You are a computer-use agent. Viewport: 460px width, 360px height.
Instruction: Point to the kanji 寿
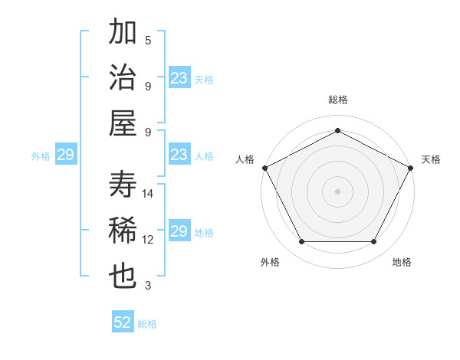[123, 185]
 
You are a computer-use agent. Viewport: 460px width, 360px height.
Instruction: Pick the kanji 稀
[123, 231]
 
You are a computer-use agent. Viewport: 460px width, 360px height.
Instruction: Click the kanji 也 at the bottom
[123, 277]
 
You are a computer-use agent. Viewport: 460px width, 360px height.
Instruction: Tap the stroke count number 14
[148, 194]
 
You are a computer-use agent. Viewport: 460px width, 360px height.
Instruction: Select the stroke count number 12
[148, 240]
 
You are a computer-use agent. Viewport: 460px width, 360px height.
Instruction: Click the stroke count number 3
[148, 286]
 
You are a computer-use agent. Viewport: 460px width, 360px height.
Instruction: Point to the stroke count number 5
[148, 41]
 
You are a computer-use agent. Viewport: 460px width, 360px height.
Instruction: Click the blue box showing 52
[123, 322]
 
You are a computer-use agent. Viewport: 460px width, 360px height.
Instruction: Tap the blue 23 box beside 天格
[179, 78]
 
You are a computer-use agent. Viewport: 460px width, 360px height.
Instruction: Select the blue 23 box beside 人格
[179, 155]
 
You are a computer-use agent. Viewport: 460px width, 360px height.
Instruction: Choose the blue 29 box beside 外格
[65, 155]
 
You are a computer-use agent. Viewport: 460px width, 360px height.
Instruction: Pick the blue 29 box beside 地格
[179, 231]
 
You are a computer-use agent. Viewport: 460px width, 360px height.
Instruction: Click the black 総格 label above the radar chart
[337, 100]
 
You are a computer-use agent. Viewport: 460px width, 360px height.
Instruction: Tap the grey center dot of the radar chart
[337, 191]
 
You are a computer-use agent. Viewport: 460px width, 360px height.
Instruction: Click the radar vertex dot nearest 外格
[301, 242]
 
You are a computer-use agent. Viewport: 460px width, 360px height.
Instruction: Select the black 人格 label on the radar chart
[245, 159]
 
